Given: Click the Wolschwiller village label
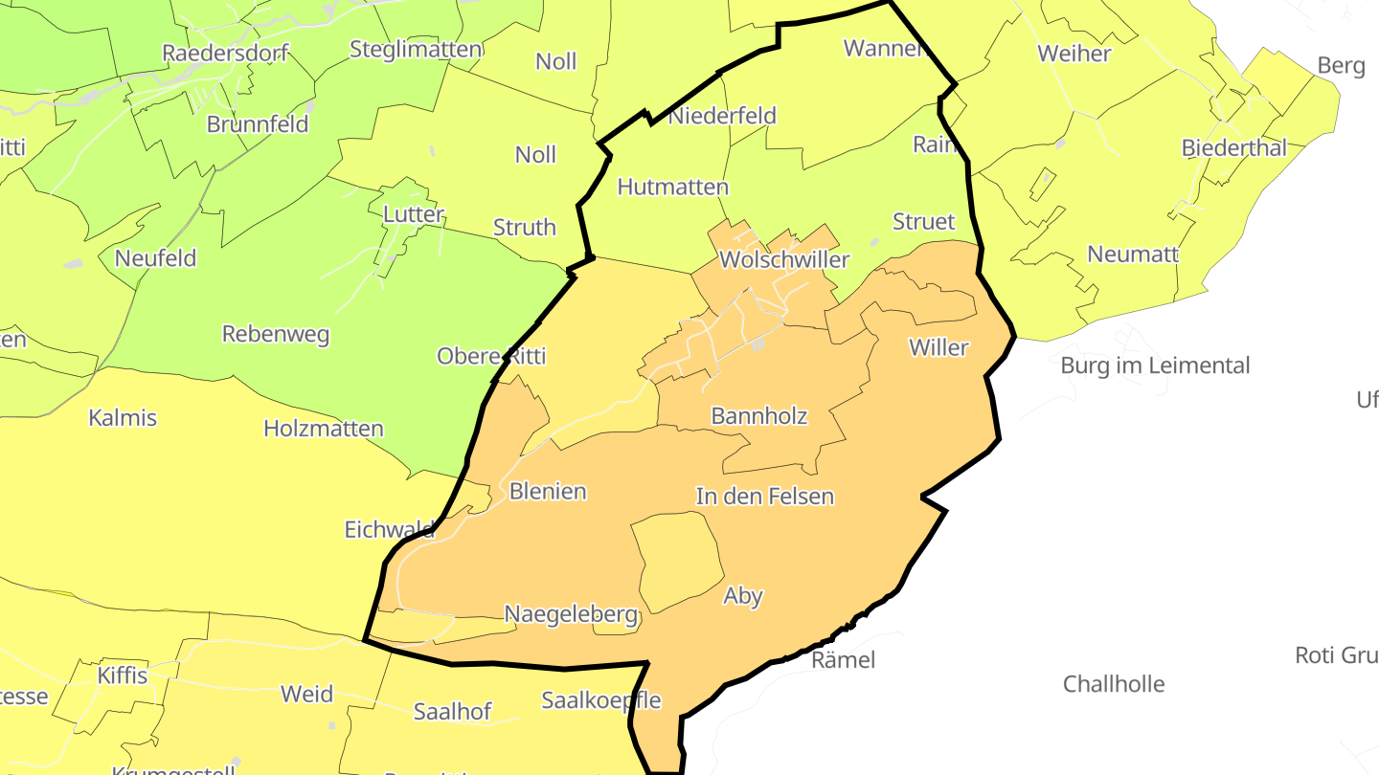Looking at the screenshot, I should pos(783,260).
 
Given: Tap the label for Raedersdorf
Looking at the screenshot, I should pos(225,53).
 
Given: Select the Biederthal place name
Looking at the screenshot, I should pos(1233,148).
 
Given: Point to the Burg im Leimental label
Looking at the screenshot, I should pos(1155,365).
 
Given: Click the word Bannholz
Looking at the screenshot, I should pos(758,416).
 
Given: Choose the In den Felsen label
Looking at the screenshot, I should pos(764,497).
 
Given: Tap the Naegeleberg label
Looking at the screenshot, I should pos(571,614).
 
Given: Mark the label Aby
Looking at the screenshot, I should pos(743,596).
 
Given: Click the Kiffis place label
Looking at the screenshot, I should pos(123,675).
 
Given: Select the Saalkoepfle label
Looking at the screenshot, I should pos(601,700).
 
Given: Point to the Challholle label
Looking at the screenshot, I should pos(1114,684).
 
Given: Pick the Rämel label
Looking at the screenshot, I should pos(843,660).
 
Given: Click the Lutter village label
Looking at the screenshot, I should pos(413,214).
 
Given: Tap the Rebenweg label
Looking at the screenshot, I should pos(276,335).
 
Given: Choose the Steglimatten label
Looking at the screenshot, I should pos(415,49).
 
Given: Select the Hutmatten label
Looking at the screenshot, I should pos(672,188).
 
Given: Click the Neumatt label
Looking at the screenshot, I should pos(1133,255).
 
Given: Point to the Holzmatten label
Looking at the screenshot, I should pos(324,429).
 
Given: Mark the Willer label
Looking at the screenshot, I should pos(938,347).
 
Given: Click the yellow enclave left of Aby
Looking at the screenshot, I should pos(678,560).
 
